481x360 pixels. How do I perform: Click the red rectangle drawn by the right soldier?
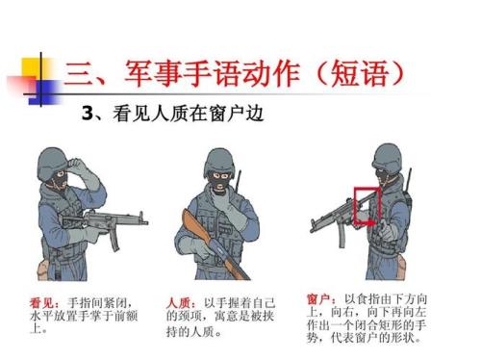click(355, 205)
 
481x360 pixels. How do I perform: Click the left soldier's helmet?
click(52, 163)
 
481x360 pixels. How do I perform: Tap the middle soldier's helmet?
click(219, 162)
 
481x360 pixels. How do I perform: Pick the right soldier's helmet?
click(388, 159)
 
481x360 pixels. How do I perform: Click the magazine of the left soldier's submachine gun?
click(114, 240)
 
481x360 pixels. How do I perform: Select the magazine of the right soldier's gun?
click(342, 235)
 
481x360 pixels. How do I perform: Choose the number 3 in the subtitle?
click(88, 114)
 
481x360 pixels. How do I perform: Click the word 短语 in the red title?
click(359, 73)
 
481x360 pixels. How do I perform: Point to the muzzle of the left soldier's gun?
click(146, 222)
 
